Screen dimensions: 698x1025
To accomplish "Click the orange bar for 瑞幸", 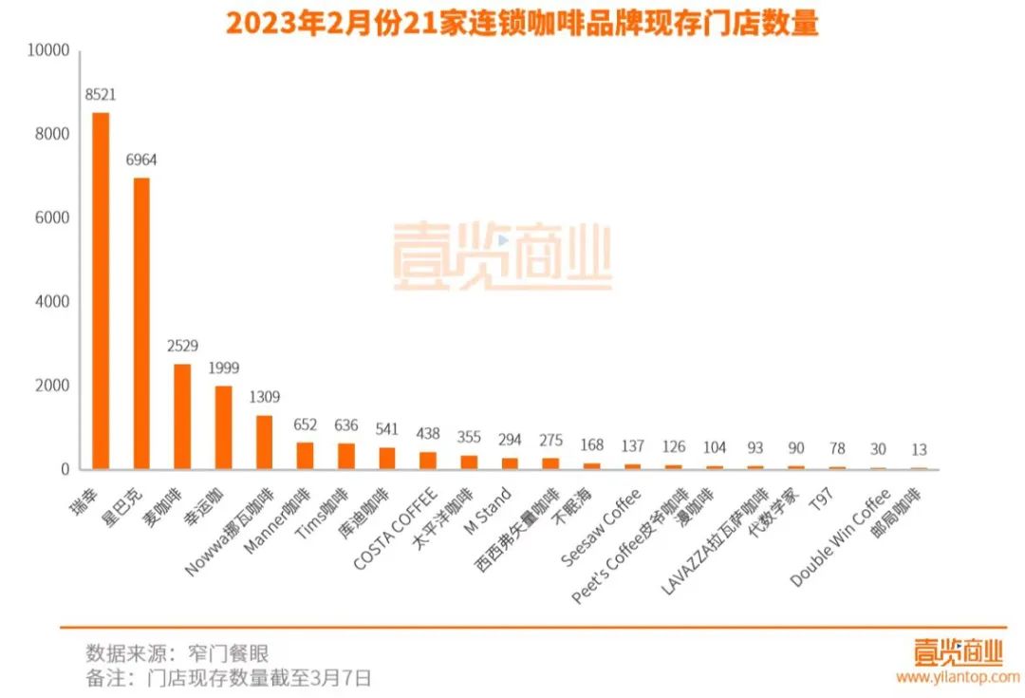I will point(100,291).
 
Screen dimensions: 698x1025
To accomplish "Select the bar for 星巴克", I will point(141,323).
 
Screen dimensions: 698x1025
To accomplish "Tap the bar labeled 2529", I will point(182,416).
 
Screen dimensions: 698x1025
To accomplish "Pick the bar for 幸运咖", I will point(223,427).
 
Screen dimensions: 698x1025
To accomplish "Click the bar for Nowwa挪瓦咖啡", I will point(264,442).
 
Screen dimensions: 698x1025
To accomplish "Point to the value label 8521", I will point(100,95).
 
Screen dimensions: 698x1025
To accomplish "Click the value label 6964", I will point(141,160).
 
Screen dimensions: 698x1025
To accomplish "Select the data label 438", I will point(428,433).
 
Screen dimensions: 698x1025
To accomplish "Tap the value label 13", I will point(919,449).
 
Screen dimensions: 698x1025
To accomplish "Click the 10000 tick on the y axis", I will point(50,50).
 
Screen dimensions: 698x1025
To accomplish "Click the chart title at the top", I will point(521,23).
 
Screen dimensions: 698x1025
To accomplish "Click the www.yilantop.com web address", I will point(957,677).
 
